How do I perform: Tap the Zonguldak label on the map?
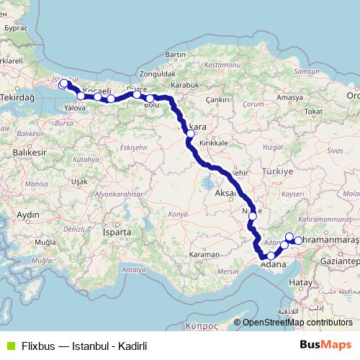[160, 73]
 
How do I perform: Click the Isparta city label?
[117, 233]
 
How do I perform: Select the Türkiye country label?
[279, 173]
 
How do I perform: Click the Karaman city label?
[204, 255]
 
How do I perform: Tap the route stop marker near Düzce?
[137, 94]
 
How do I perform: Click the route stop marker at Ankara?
[190, 133]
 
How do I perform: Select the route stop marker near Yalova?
[81, 96]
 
